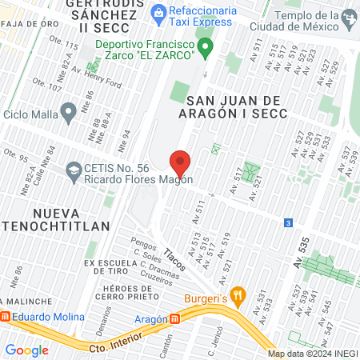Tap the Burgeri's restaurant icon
[236, 295]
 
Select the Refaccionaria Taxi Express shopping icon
[158, 12]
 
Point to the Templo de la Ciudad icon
[349, 17]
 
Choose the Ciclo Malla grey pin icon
[68, 110]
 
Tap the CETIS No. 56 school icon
[74, 169]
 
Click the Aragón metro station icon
[175, 318]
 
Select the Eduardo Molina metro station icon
[6, 317]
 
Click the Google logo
[26, 350]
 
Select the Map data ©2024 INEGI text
[312, 354]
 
